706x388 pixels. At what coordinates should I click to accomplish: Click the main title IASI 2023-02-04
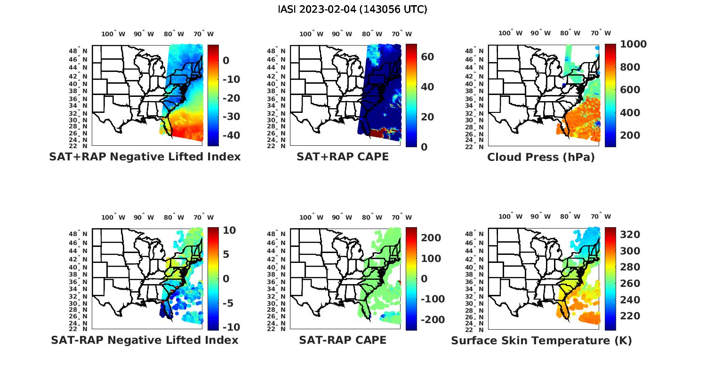353,9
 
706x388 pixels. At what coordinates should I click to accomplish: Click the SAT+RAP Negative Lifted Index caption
144,157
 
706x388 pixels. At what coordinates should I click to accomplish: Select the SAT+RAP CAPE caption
343,157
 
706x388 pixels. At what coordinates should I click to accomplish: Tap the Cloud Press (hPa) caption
541,157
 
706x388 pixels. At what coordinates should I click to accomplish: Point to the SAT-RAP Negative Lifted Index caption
144,340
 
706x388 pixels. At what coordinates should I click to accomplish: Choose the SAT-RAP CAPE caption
343,340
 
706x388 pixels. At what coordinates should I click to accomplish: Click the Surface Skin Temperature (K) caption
541,340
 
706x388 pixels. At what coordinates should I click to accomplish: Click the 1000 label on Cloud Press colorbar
633,44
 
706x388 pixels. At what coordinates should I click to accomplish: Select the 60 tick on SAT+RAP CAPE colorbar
427,57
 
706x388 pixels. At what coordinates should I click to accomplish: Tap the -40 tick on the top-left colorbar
231,135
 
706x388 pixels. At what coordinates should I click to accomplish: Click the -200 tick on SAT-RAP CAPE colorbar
432,320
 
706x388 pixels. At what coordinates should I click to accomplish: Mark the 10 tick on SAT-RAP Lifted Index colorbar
229,230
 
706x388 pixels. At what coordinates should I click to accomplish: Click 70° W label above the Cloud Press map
601,33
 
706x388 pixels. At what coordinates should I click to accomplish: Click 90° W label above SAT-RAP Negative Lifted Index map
144,217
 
